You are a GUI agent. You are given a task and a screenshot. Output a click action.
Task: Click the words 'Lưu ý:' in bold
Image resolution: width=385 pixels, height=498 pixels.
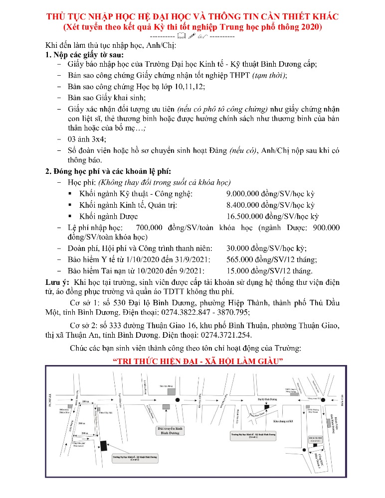(55, 283)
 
